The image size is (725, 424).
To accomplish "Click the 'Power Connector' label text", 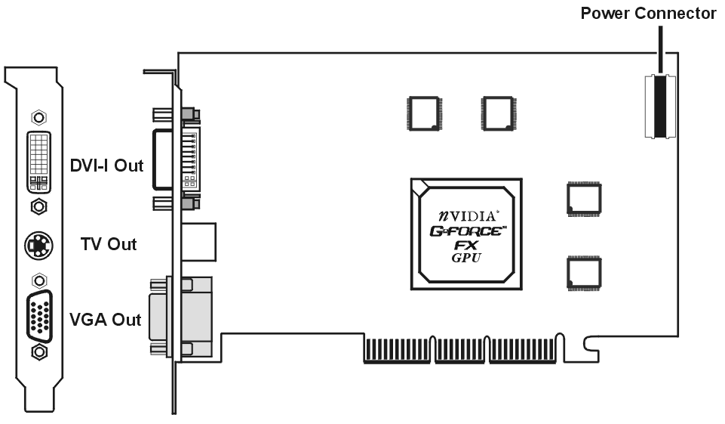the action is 648,14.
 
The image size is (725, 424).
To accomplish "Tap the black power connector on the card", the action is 660,107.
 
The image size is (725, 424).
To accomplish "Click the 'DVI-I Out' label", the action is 107,166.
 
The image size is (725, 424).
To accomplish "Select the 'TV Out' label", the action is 109,244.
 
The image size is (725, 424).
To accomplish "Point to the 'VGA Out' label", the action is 106,320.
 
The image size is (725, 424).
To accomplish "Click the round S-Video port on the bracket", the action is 38,245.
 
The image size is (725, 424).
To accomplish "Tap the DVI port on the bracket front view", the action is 38,162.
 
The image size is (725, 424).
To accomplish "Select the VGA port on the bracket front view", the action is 39,317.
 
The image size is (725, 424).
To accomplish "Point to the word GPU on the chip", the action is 466,258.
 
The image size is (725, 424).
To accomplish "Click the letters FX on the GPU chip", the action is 466,245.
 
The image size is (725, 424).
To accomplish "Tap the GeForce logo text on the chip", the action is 468,231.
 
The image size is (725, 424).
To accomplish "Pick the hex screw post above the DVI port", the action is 38,117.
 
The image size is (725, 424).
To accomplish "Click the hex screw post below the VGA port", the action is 39,352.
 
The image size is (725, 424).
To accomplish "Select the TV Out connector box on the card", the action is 199,242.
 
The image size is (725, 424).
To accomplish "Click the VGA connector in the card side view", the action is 181,317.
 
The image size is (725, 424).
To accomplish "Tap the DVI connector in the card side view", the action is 177,159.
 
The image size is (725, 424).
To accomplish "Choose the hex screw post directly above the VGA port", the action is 39,280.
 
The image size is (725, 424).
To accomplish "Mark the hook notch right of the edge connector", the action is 591,347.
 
